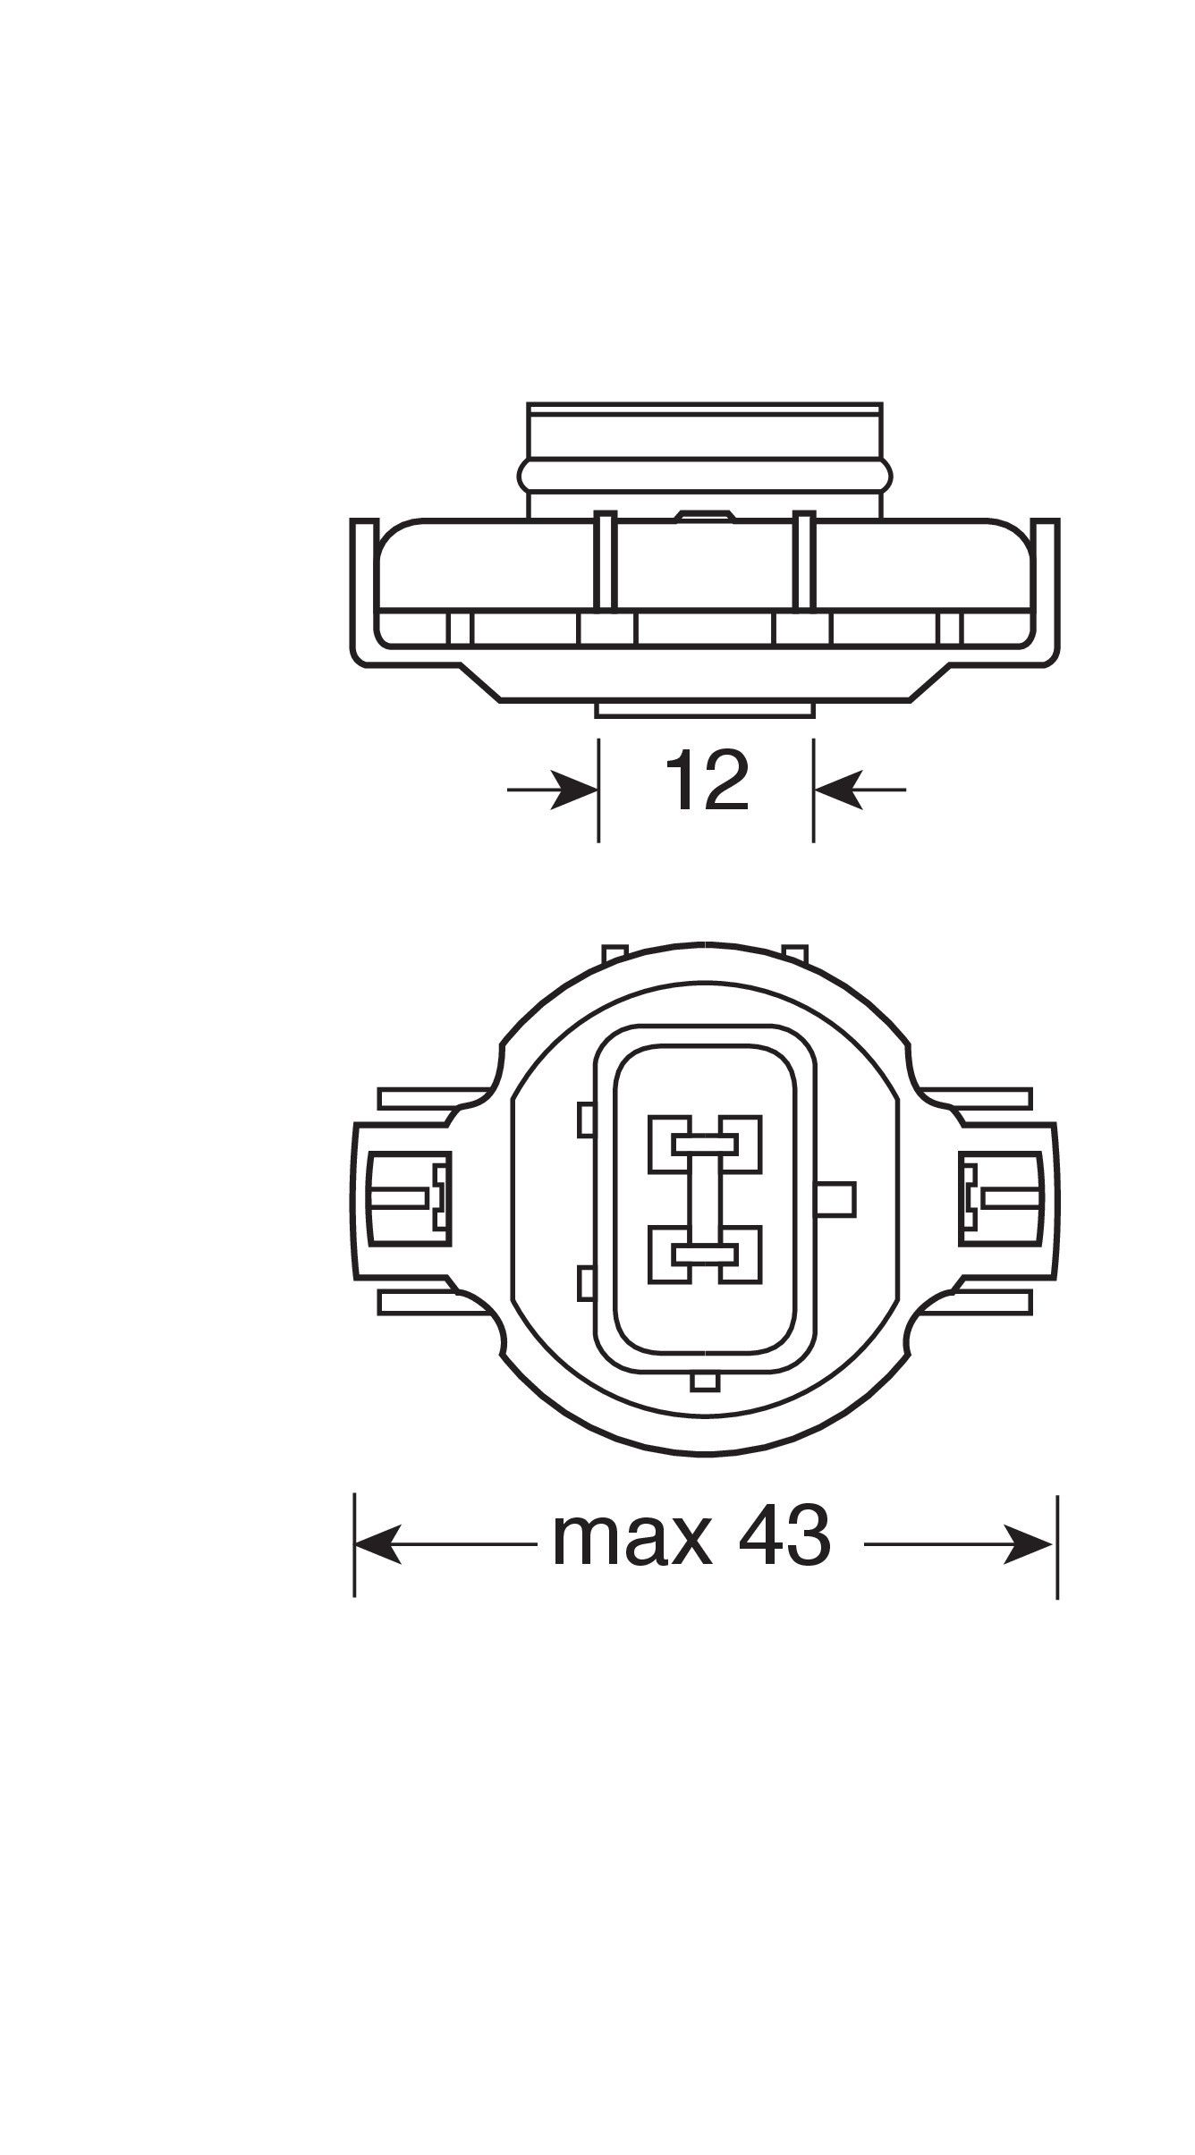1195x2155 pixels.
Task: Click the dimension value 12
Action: point(706,782)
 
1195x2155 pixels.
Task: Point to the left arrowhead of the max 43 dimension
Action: point(378,1544)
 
